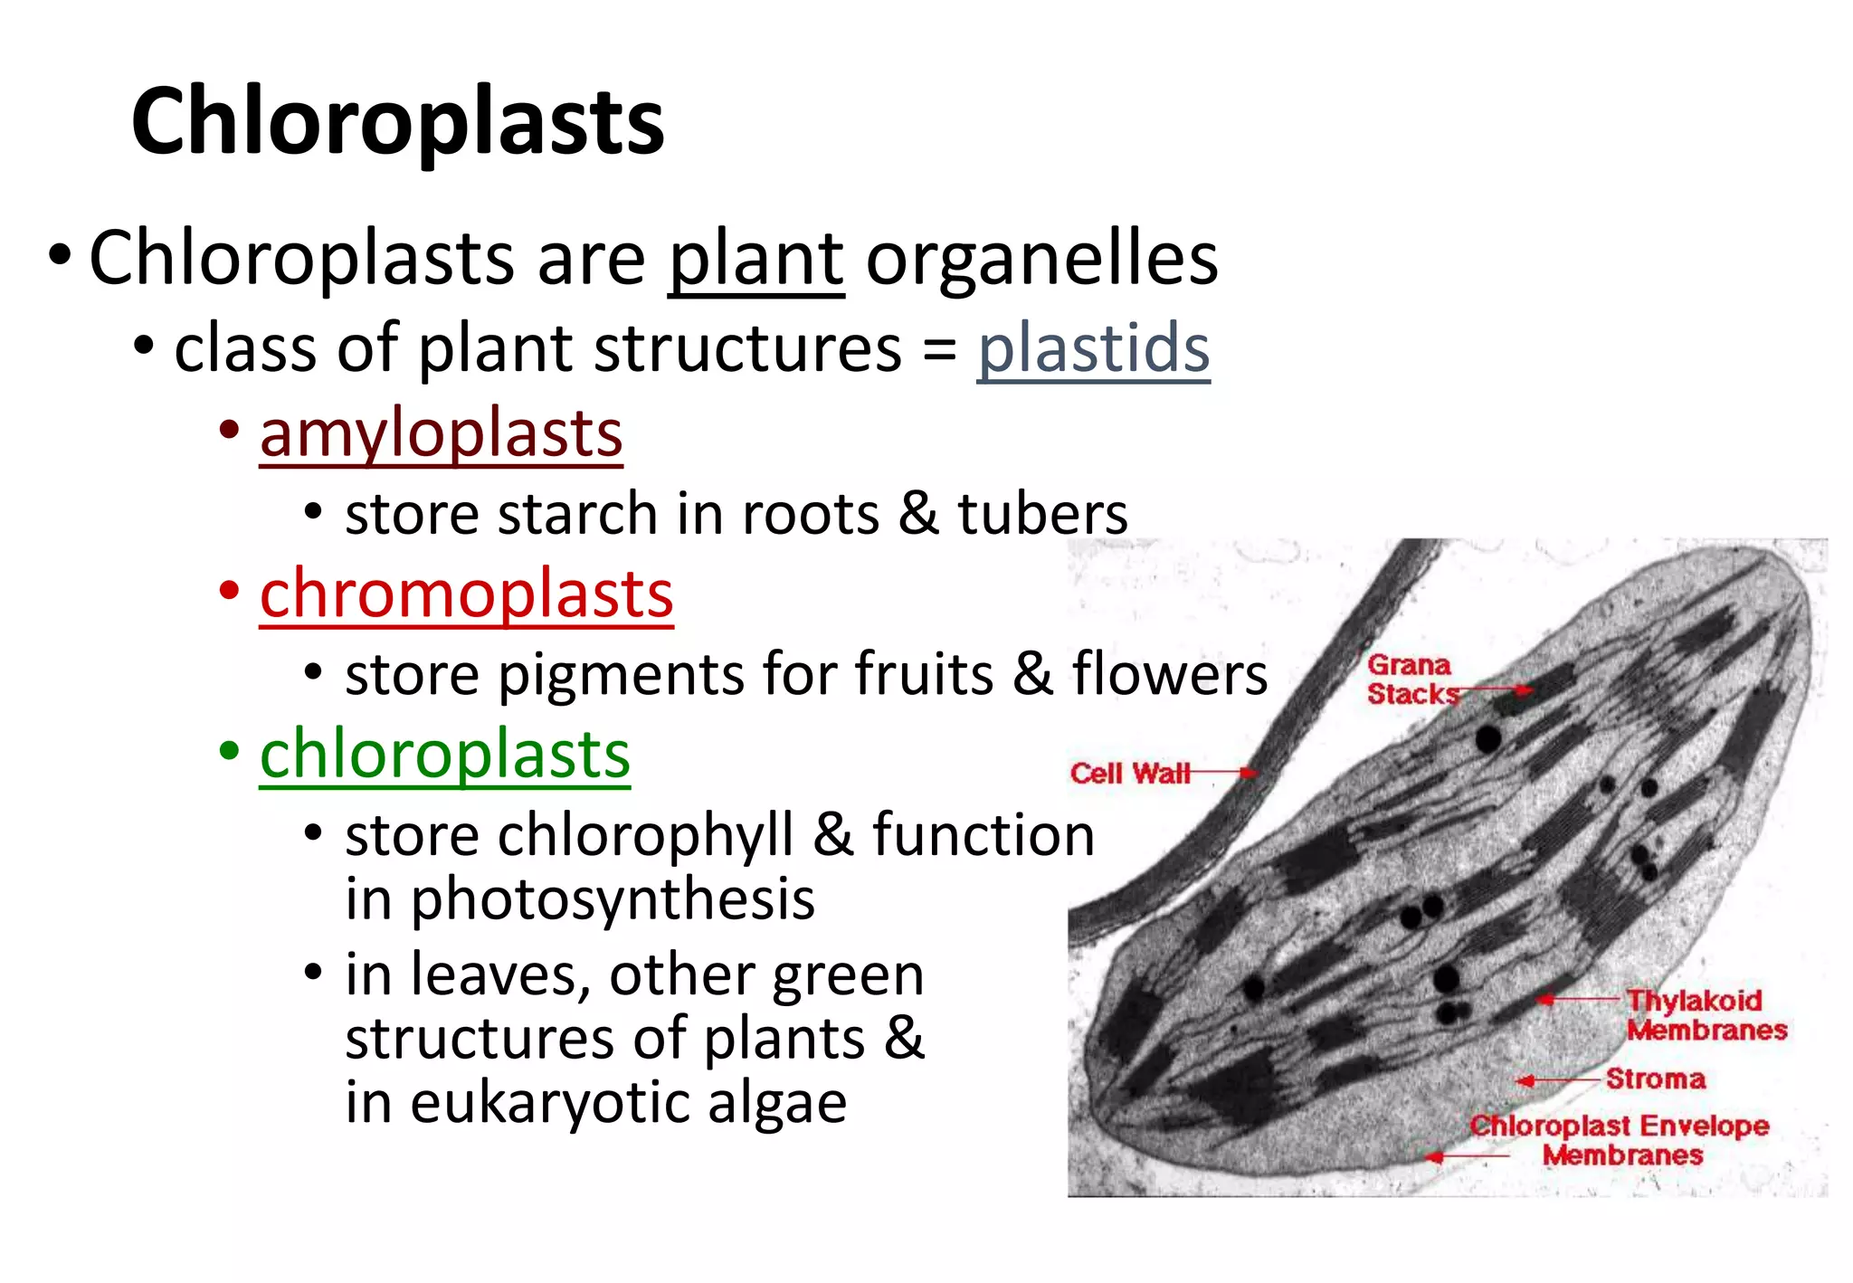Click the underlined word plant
[x=755, y=260]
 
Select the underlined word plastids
[x=1093, y=348]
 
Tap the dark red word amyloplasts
[x=441, y=433]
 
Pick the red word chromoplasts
[x=466, y=594]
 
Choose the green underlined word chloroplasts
[x=444, y=755]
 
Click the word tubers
[x=1042, y=514]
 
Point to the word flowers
[x=1169, y=674]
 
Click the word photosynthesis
[x=613, y=900]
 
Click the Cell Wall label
[x=1129, y=774]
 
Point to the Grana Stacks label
[x=1410, y=680]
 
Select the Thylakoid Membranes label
[x=1706, y=1015]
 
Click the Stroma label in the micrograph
[x=1656, y=1079]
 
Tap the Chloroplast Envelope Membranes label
[x=1620, y=1140]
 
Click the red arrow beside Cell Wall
[x=1223, y=773]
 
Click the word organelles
[x=1041, y=260]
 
